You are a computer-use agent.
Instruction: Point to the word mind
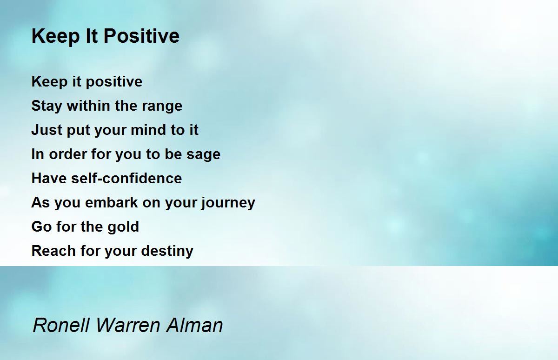(150, 130)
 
